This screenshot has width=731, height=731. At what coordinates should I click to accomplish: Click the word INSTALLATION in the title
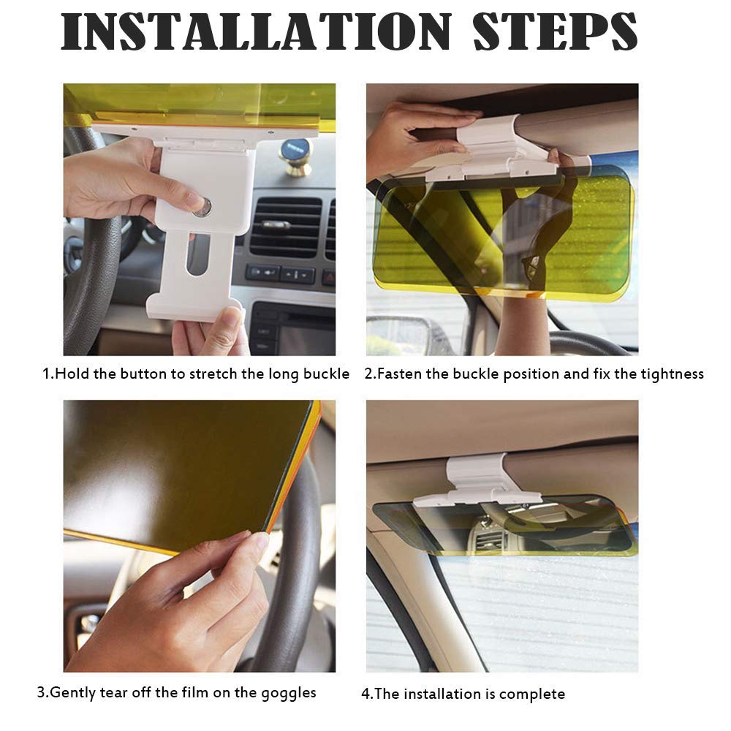[256, 33]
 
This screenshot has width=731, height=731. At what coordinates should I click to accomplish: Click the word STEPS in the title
[555, 33]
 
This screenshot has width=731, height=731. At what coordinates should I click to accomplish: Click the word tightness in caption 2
[668, 374]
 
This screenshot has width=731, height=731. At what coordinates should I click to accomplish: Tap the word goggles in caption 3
[290, 692]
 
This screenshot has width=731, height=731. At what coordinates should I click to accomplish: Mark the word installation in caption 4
[440, 694]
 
